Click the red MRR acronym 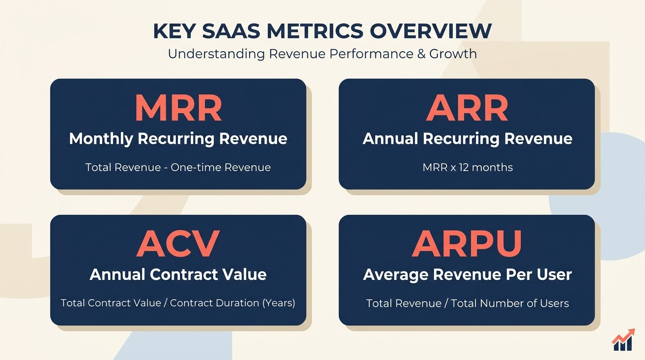point(178,109)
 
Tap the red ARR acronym point(467,109)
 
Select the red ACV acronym point(178,244)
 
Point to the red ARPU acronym point(467,244)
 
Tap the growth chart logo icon point(623,340)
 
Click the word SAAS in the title point(235,31)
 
